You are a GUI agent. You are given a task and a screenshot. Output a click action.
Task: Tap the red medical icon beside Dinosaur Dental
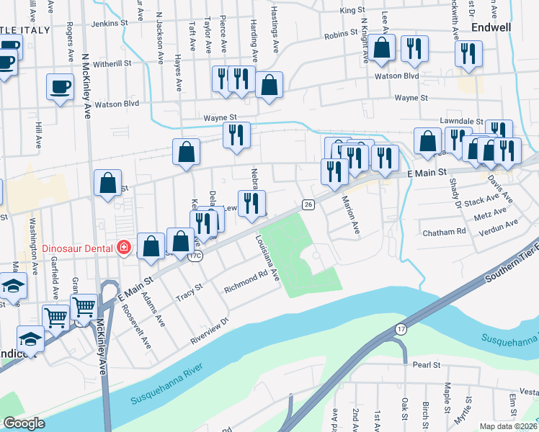pos(124,248)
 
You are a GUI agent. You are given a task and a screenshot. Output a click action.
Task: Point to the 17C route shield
pos(195,256)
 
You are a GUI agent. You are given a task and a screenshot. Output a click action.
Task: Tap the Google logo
pos(24,423)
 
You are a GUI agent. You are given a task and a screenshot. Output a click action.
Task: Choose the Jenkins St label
pos(111,23)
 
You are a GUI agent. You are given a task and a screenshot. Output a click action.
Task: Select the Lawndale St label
pos(461,122)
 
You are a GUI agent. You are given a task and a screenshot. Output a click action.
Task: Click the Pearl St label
pos(427,365)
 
